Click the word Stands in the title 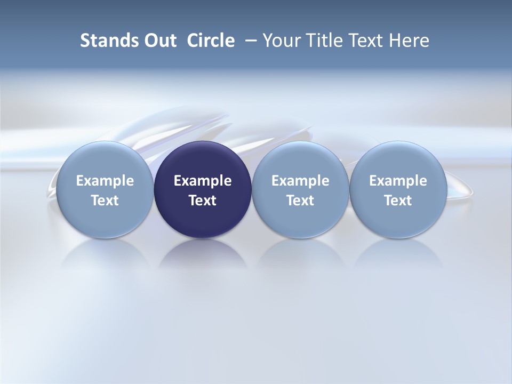coord(102,41)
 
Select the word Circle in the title coord(211,41)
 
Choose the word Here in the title coord(409,41)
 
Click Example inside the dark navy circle coord(203,181)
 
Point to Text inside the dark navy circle coord(203,201)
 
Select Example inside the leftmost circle coord(105,181)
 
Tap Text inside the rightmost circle coord(398,201)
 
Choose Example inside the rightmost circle coord(398,181)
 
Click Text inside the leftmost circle coord(105,201)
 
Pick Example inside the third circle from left coord(300,181)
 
